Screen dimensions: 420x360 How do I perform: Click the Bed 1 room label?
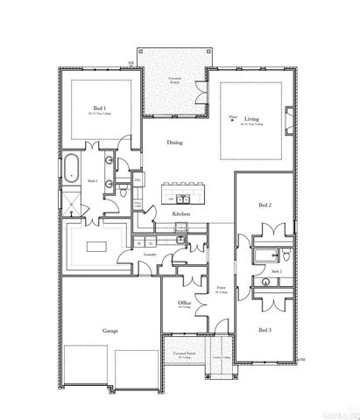(x=99, y=108)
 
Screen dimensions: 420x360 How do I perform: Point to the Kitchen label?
(x=181, y=213)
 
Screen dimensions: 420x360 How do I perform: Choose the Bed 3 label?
(x=265, y=329)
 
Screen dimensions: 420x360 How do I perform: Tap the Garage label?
(x=109, y=331)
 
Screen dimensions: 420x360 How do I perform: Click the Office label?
(x=184, y=303)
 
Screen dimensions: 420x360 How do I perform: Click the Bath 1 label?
(x=92, y=181)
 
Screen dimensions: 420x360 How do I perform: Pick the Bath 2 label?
(x=276, y=271)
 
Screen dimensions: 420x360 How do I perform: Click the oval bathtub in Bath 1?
(x=69, y=166)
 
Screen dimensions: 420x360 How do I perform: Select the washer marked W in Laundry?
(x=139, y=242)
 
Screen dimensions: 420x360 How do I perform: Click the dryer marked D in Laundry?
(x=150, y=242)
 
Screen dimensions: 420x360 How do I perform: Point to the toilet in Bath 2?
(x=287, y=255)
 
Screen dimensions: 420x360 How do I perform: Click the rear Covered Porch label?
(x=175, y=80)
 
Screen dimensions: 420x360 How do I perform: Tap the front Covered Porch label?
(x=184, y=355)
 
